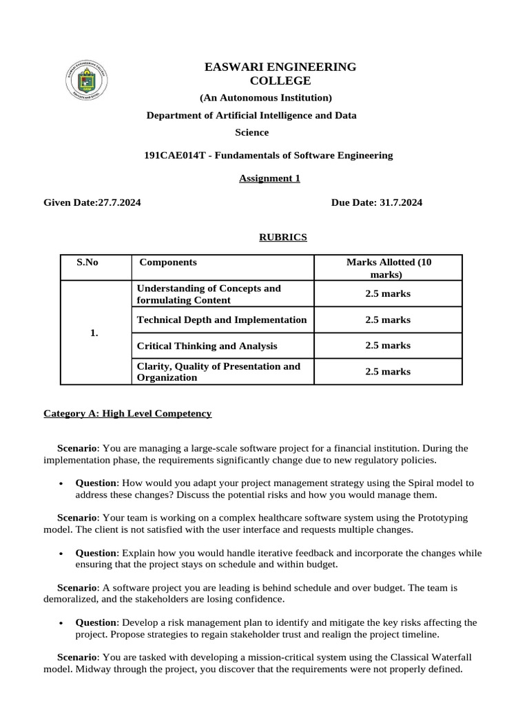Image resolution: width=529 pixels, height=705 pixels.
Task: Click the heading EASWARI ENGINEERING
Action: [280, 67]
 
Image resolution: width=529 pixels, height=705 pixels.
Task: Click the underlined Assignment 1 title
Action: [269, 178]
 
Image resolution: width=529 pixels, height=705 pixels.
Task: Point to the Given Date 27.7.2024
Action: [93, 202]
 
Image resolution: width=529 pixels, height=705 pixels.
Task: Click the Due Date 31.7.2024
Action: [377, 202]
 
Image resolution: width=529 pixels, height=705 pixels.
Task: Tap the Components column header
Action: [168, 262]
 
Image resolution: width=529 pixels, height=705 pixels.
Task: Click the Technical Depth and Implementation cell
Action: [222, 319]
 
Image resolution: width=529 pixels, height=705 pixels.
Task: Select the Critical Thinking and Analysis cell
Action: [207, 346]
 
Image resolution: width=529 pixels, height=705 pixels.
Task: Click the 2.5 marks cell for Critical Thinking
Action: [388, 345]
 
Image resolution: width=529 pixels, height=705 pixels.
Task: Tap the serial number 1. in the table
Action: [94, 333]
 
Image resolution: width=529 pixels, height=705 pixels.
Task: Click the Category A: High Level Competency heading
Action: [127, 413]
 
